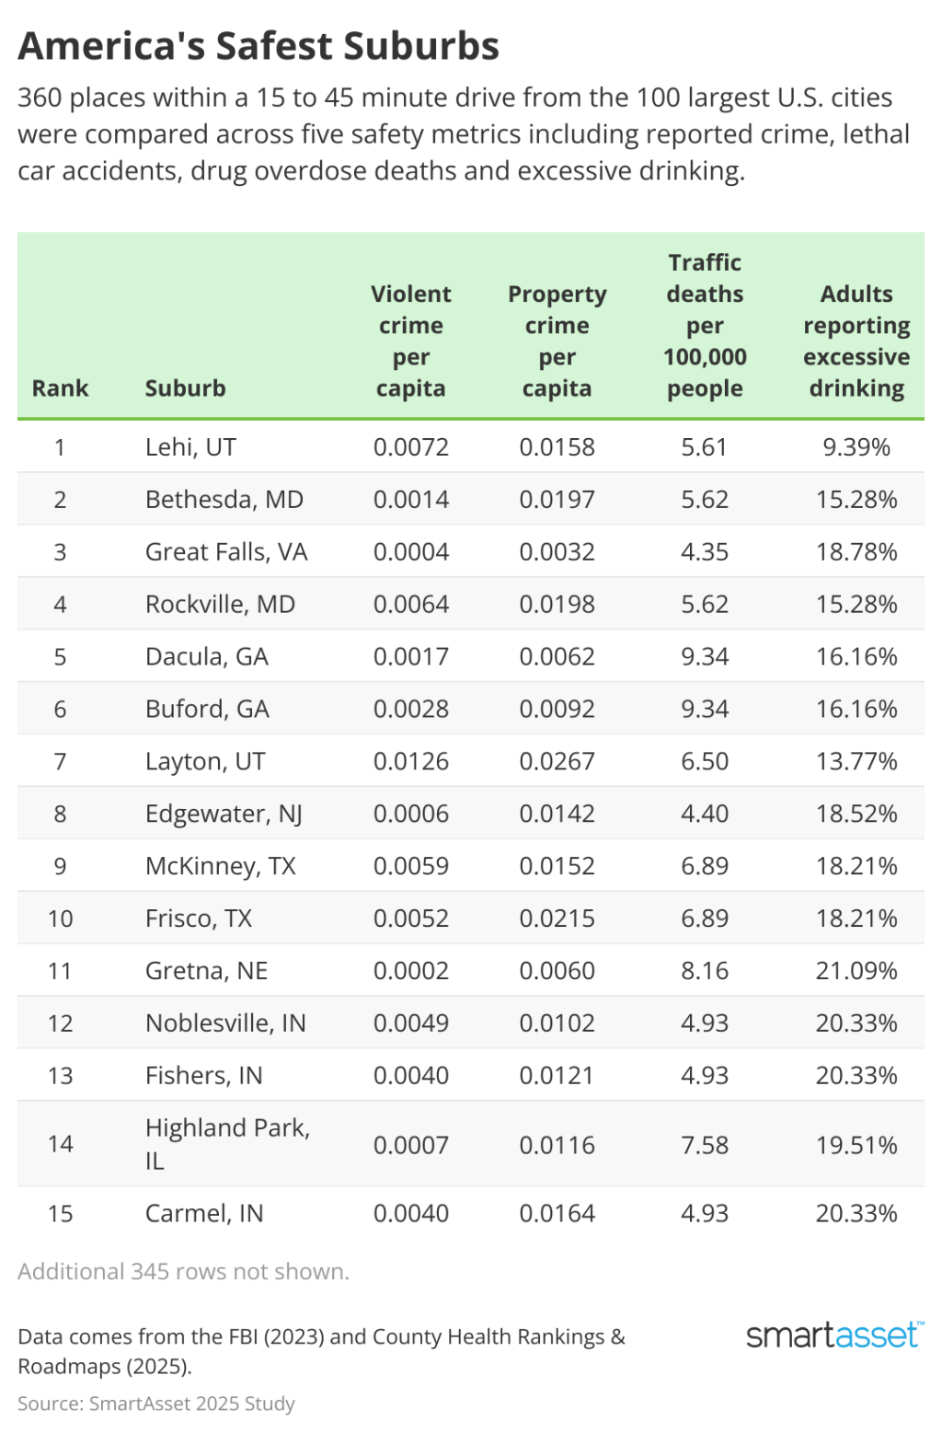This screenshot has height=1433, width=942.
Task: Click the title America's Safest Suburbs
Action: point(258,46)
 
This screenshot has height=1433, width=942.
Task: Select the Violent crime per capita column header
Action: point(410,341)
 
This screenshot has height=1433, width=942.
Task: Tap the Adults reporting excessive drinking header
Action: point(856,341)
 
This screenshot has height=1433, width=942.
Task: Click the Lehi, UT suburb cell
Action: point(190,447)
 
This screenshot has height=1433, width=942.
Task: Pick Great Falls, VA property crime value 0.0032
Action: point(557,552)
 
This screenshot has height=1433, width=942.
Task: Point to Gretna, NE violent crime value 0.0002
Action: point(410,971)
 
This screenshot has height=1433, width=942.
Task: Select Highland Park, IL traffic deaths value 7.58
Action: point(704,1145)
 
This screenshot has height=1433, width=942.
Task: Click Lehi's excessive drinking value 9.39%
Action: point(856,447)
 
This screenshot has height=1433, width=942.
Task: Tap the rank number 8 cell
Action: point(60,814)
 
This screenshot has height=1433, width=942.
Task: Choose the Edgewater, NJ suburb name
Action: point(224,814)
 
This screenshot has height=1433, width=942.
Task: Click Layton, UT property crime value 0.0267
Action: point(557,761)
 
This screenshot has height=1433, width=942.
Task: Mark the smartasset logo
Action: point(833,1335)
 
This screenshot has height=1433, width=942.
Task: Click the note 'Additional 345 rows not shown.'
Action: point(183,1272)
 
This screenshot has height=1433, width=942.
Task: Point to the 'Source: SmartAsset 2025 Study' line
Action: point(156,1404)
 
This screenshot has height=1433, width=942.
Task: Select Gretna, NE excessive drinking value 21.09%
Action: point(856,971)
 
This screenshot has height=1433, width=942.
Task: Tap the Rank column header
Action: point(60,388)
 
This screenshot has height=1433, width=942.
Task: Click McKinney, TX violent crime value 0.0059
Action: point(410,866)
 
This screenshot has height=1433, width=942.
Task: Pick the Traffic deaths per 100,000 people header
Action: point(704,325)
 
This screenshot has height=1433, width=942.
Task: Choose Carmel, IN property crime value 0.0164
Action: point(557,1213)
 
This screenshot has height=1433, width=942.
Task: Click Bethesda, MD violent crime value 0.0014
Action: point(410,500)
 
